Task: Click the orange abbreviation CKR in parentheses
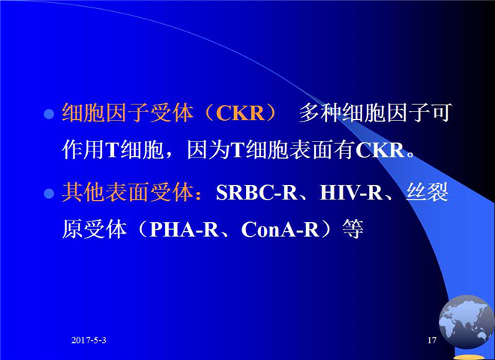tap(240, 112)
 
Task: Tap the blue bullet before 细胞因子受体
tap(49, 114)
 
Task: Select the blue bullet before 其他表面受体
tap(49, 193)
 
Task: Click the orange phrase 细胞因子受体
tap(127, 112)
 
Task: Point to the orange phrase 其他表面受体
tap(127, 192)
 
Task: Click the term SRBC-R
tap(256, 192)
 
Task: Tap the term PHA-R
tap(184, 229)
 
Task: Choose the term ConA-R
tap(280, 229)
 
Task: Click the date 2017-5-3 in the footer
tap(88, 340)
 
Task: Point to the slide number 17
tap(432, 340)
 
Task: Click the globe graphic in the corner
tap(466, 322)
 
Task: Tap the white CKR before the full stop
tap(380, 150)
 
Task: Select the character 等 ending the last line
tap(353, 229)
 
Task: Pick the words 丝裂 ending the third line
tap(427, 192)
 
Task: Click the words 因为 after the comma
tap(208, 150)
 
